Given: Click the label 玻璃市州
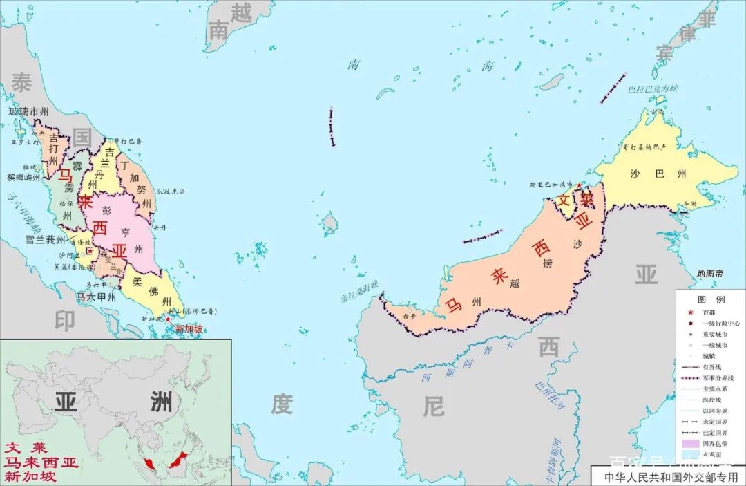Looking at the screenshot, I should [28, 111].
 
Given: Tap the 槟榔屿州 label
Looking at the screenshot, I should [23, 178].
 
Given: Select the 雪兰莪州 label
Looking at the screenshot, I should [45, 240].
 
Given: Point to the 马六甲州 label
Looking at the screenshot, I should [95, 297].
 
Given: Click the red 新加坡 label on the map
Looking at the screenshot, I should [189, 329].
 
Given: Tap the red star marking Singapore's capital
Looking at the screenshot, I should [167, 319].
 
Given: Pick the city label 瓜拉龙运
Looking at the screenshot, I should [171, 191].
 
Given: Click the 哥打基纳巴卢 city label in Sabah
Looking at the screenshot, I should [644, 147].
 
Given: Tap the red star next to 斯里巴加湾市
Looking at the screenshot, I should [578, 186].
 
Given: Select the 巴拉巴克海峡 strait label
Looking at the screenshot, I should [653, 88].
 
